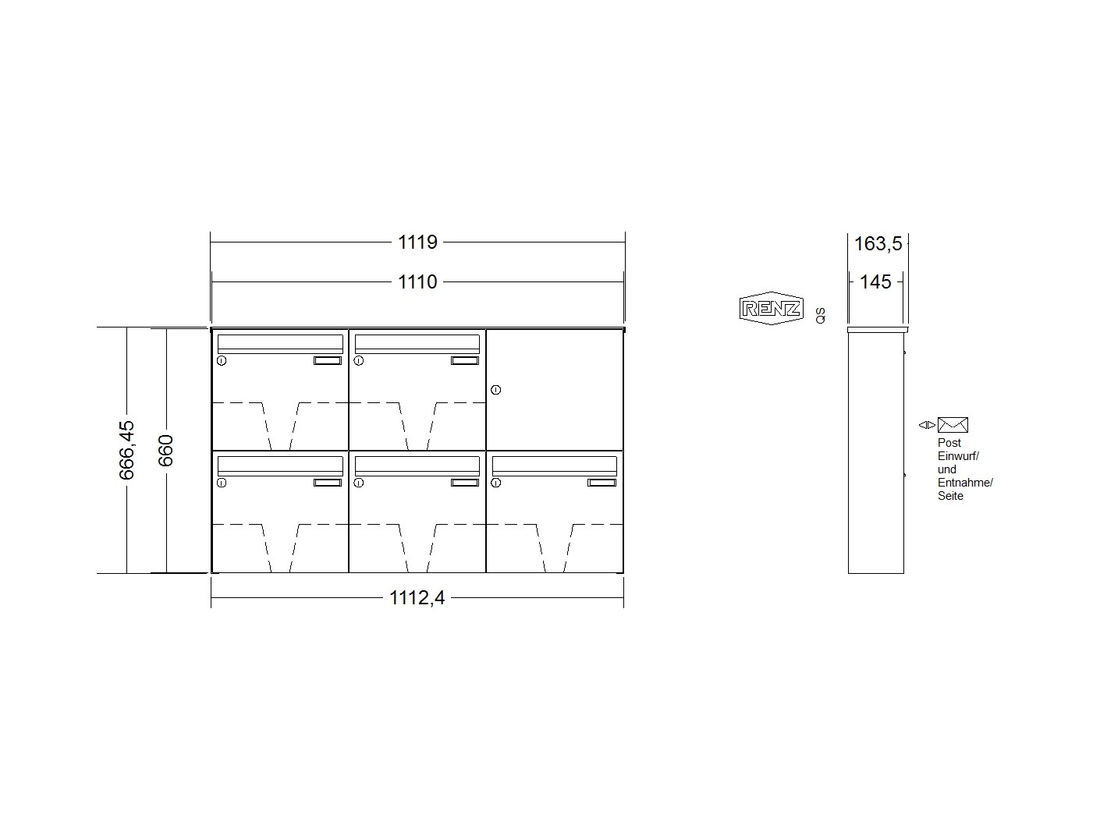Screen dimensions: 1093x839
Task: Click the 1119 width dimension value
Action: [x=417, y=242]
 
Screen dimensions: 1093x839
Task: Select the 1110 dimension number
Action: [x=417, y=282]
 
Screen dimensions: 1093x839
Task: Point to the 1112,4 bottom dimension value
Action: [x=417, y=598]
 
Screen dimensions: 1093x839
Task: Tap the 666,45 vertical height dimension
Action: [x=126, y=450]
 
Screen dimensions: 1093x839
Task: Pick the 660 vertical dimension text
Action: [x=166, y=451]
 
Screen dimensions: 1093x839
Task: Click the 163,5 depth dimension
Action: [x=878, y=244]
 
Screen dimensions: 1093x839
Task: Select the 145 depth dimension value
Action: [x=875, y=282]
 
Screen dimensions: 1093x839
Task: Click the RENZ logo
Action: [x=771, y=308]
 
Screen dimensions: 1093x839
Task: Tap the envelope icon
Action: [x=953, y=425]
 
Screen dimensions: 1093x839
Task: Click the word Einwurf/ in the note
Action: [x=958, y=456]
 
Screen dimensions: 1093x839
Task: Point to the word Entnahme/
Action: [x=965, y=483]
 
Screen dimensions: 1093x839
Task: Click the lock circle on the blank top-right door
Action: [x=496, y=390]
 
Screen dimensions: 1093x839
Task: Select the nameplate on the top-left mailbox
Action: [x=328, y=360]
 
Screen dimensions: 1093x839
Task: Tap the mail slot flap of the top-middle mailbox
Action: [x=417, y=345]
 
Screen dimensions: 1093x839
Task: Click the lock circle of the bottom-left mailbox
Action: [x=222, y=483]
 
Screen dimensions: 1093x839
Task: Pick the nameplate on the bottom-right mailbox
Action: [x=602, y=483]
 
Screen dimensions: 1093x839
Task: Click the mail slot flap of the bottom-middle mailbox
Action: [x=417, y=466]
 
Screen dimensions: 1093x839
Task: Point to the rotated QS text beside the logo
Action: [x=821, y=316]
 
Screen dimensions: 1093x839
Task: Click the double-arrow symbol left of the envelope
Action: [x=927, y=425]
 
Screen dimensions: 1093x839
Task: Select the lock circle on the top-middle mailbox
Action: [x=359, y=360]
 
